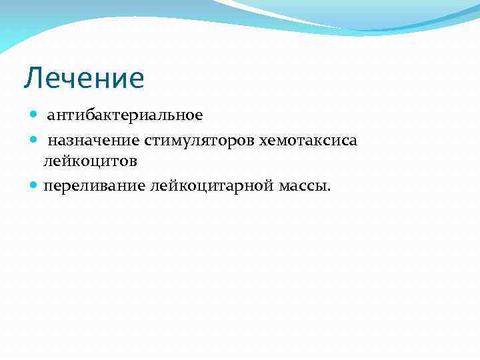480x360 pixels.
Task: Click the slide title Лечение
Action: pyautogui.click(x=84, y=79)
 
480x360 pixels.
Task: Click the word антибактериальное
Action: pyautogui.click(x=125, y=115)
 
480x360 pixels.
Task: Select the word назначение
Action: pyautogui.click(x=93, y=140)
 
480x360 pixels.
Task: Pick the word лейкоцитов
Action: pyautogui.click(x=91, y=161)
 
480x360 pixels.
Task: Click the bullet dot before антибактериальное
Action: pyautogui.click(x=35, y=115)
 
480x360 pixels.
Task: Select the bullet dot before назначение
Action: pyautogui.click(x=35, y=140)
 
